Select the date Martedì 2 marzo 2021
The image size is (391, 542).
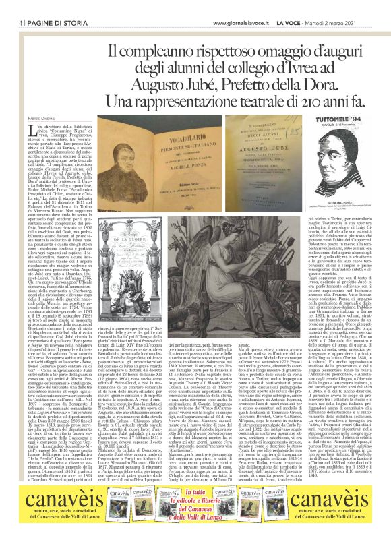[349, 5]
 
